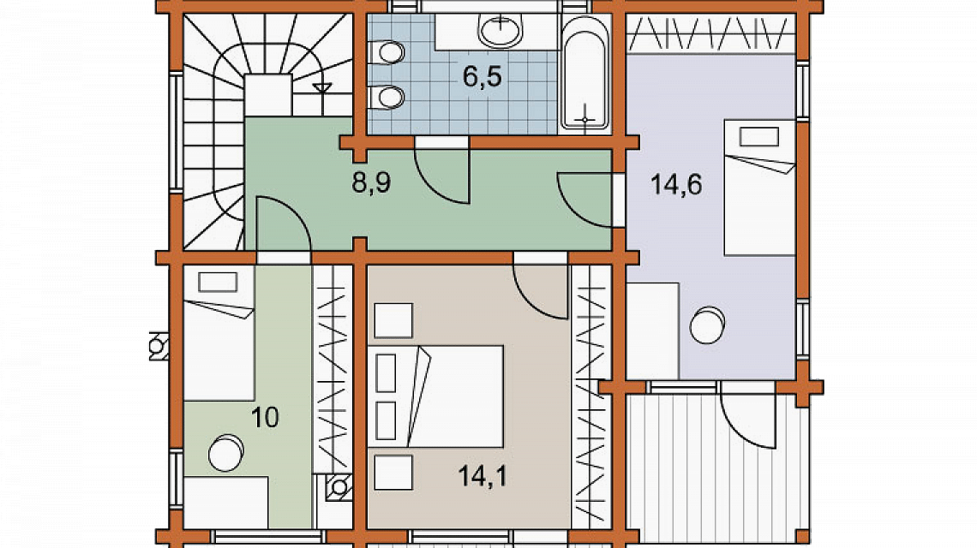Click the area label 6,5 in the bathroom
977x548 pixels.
pyautogui.click(x=482, y=76)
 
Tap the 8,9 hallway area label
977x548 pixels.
pyautogui.click(x=371, y=183)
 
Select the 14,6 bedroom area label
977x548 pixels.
pyautogui.click(x=676, y=184)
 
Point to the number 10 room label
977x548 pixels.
pyautogui.click(x=267, y=418)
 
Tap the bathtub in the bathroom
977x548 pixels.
pyautogui.click(x=584, y=80)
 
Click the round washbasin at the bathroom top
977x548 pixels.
pyautogui.click(x=500, y=32)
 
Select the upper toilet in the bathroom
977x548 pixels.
pyautogui.click(x=388, y=54)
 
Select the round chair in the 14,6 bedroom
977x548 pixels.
pyautogui.click(x=709, y=325)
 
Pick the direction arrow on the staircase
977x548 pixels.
pyautogui.click(x=323, y=86)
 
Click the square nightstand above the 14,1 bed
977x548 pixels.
pyautogui.click(x=393, y=320)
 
